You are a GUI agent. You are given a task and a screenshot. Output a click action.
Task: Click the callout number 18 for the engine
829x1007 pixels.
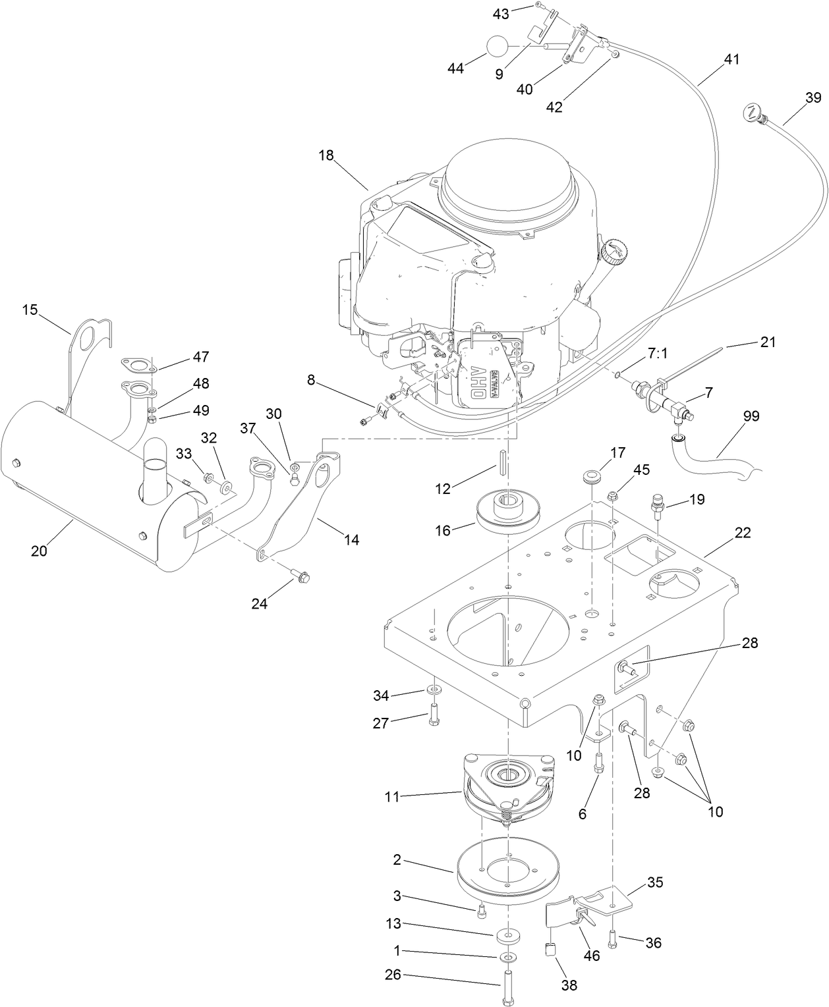[326, 156]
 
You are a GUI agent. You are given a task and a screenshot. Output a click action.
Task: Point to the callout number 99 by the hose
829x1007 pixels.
[751, 416]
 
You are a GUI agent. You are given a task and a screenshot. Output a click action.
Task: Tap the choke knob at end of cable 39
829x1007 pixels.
[752, 113]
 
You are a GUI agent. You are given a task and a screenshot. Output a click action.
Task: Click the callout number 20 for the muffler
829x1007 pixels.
[39, 551]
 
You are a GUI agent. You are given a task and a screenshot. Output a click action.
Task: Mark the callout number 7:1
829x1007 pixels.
[657, 354]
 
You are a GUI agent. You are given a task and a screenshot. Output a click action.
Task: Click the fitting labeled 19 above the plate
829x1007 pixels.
[658, 504]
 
